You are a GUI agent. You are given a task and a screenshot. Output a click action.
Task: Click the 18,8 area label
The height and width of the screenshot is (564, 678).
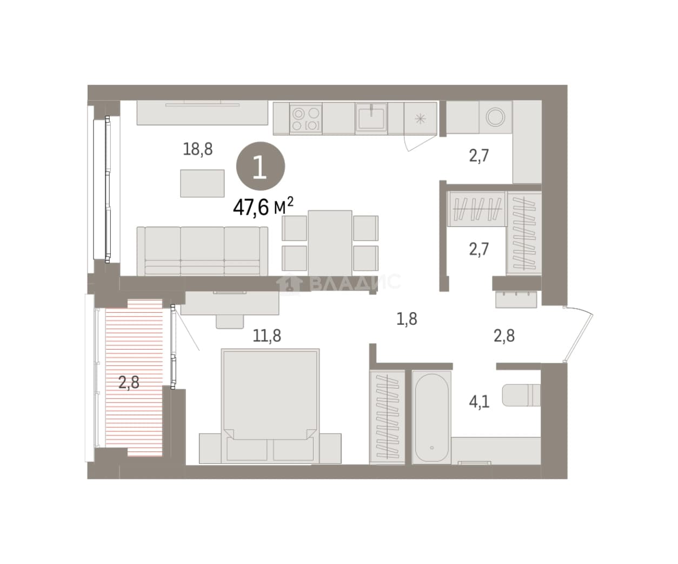tap(198, 149)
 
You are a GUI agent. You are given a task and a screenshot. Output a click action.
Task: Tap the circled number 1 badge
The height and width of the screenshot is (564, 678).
tap(261, 166)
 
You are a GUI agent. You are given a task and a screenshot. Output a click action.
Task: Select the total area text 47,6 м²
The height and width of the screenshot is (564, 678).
tap(263, 207)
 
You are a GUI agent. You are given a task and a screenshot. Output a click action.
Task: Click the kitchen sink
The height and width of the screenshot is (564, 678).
tap(371, 118)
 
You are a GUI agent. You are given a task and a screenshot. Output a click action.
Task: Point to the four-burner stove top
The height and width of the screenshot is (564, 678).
tap(305, 119)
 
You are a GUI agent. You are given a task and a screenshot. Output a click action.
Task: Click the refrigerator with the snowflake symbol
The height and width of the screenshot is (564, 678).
tap(420, 119)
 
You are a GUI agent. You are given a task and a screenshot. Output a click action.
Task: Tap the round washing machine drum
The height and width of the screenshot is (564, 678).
tap(495, 117)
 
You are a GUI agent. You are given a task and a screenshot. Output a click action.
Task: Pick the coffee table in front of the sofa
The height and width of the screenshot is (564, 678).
tap(202, 183)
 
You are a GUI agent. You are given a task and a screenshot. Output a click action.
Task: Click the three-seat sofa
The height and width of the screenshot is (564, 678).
tap(202, 251)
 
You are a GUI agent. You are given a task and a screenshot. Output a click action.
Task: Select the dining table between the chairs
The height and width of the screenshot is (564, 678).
tap(330, 243)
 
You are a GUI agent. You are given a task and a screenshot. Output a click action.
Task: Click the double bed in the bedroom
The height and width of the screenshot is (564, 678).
tap(270, 406)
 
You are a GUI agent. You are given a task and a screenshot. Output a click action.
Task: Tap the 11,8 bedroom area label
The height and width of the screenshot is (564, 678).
tap(267, 336)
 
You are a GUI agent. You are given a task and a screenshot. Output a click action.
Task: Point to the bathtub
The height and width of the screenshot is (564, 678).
tap(431, 417)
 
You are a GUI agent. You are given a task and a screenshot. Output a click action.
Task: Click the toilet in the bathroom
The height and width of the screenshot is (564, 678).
tap(521, 395)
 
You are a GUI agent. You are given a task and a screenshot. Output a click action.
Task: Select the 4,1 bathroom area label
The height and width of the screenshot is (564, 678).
tap(479, 402)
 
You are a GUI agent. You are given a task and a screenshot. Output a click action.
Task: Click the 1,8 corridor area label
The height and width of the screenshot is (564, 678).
tap(407, 319)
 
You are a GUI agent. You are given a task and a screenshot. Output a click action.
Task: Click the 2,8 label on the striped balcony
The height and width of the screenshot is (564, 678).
tap(129, 382)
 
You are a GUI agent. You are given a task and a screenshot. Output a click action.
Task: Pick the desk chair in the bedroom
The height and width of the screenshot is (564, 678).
tap(230, 322)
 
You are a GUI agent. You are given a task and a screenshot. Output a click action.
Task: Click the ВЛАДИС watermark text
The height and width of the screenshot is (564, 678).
tap(355, 281)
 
